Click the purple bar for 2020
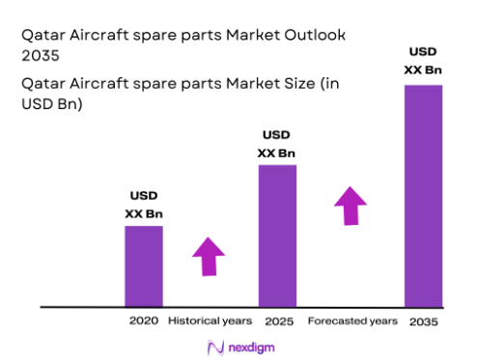[143, 265]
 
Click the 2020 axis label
[143, 320]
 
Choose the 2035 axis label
[423, 320]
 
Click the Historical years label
[210, 320]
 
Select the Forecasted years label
[351, 320]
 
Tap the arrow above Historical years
[208, 257]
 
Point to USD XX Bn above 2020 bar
[143, 206]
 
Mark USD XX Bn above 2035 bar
[423, 61]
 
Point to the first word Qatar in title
[42, 36]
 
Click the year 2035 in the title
[40, 57]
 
